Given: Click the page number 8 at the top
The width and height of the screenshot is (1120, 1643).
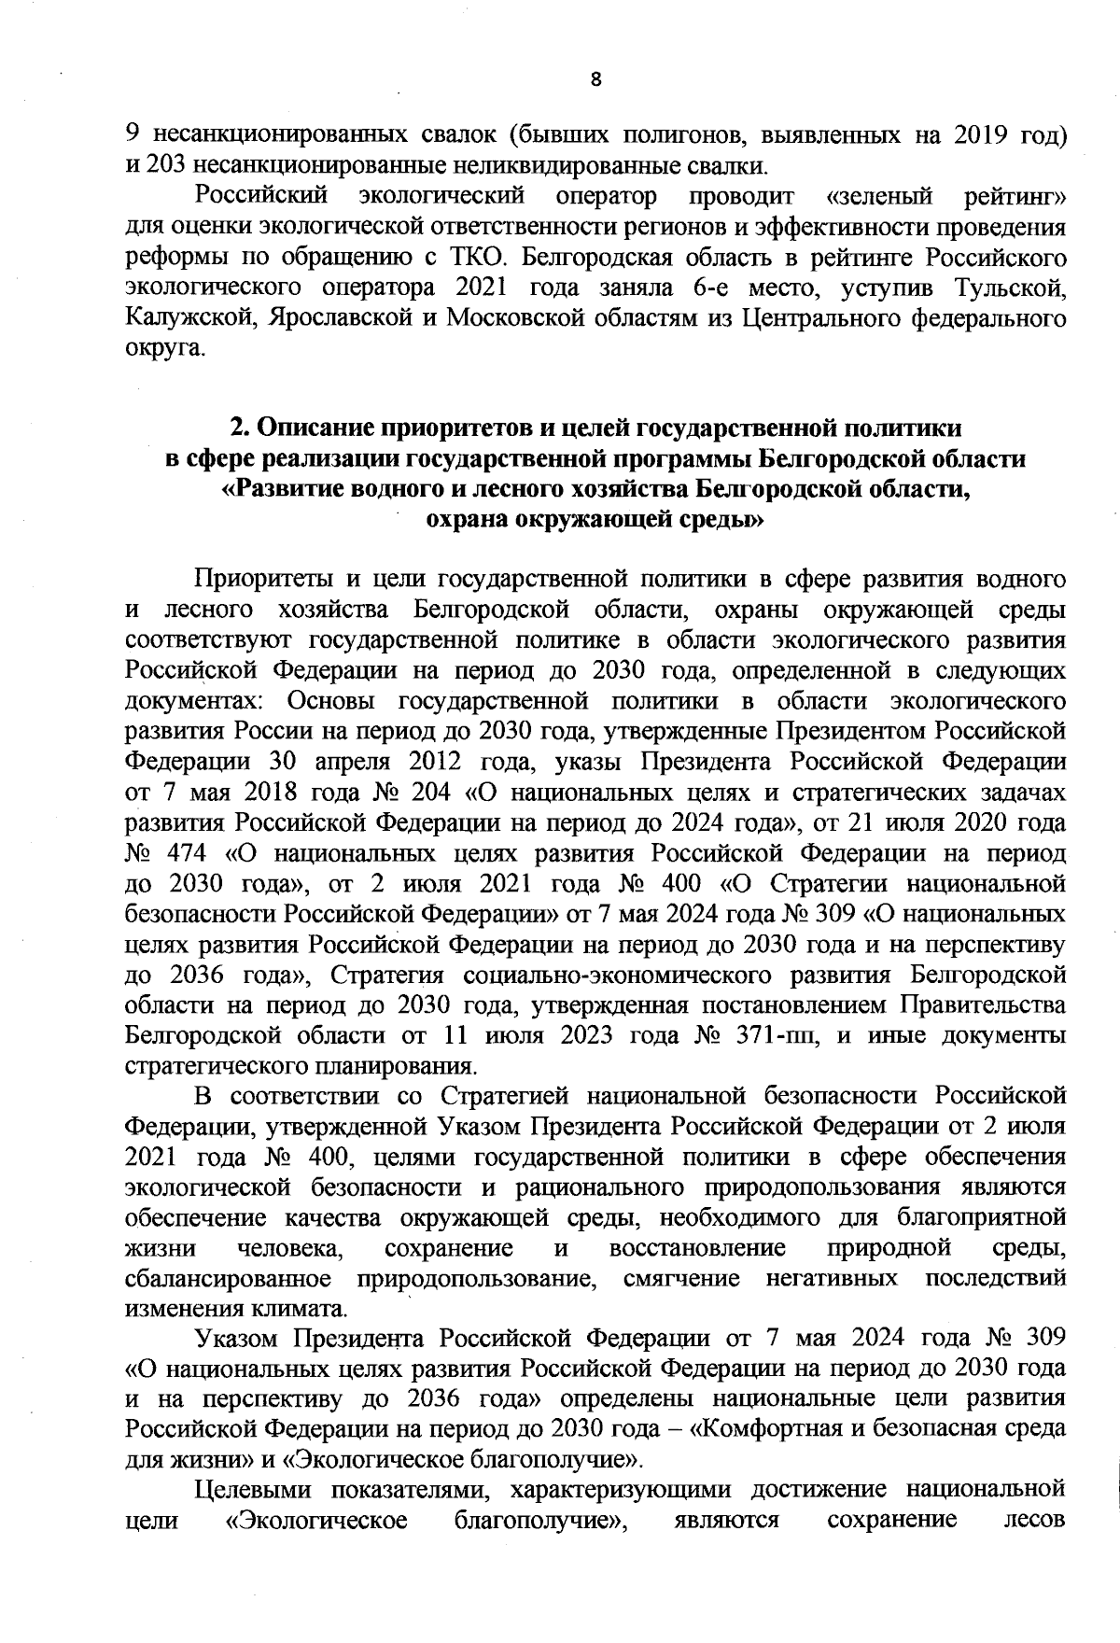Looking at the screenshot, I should (595, 81).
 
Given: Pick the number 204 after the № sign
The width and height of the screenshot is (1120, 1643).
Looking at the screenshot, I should (431, 793).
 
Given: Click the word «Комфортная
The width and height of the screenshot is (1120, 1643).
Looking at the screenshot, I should (775, 1428).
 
